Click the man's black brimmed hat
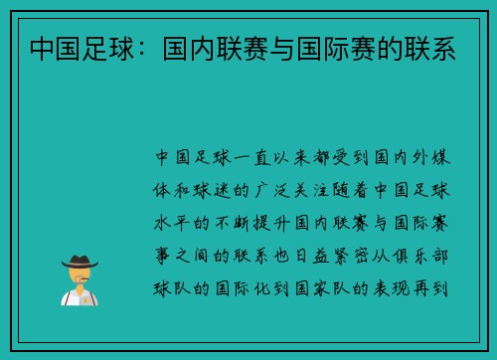point(80,262)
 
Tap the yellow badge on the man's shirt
point(86,300)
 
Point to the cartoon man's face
point(80,275)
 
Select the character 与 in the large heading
point(282,49)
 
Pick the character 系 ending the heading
point(443,49)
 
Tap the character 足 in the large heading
point(95,49)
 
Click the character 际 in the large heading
point(336,49)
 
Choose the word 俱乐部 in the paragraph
point(420,257)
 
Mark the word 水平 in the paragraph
point(171,223)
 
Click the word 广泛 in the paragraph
point(272,191)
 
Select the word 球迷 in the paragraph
point(212,191)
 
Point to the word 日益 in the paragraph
point(312,257)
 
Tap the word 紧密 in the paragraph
point(351,257)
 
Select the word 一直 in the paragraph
point(252,158)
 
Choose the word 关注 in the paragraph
point(311,191)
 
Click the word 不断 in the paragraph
point(232,223)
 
